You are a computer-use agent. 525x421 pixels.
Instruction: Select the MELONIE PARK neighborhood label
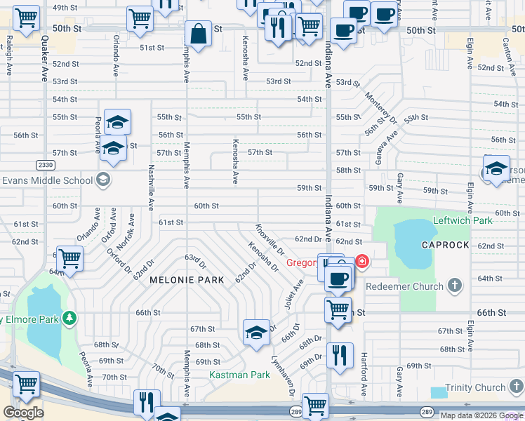(x=187, y=280)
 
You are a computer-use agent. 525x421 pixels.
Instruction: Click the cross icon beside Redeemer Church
(x=456, y=286)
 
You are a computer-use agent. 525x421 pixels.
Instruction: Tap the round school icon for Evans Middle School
(x=104, y=180)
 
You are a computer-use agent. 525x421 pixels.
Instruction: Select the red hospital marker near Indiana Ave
(x=361, y=262)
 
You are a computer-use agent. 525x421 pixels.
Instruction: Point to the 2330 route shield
(x=45, y=164)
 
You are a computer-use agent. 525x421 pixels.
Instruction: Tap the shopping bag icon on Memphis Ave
(x=199, y=33)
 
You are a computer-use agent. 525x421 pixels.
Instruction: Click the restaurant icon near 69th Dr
(x=339, y=356)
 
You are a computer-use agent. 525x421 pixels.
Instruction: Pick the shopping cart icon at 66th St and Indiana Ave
(x=338, y=309)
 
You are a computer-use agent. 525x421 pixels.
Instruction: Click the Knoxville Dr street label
(x=270, y=239)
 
